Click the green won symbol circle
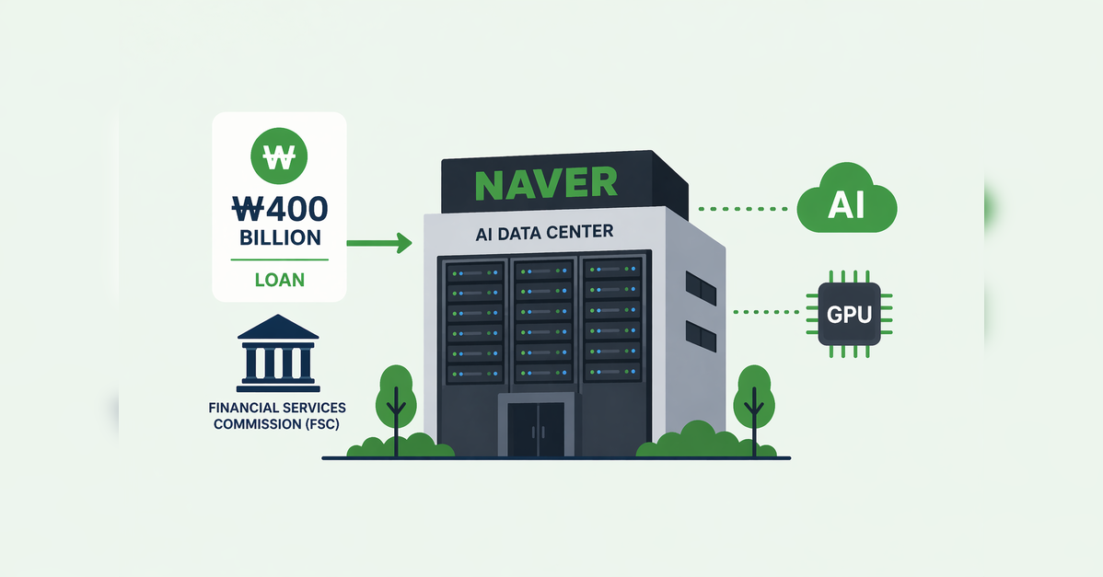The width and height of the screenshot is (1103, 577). (x=279, y=156)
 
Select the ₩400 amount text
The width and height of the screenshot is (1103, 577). (x=279, y=209)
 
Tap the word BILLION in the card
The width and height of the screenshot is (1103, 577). (x=280, y=237)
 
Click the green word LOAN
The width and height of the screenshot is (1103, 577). (x=279, y=280)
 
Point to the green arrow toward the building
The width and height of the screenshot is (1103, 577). (x=379, y=243)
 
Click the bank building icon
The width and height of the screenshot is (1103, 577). (x=279, y=352)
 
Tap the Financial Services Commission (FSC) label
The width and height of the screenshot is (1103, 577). (x=277, y=415)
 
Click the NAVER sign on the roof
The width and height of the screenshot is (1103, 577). (x=546, y=184)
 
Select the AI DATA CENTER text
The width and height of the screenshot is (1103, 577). (x=544, y=233)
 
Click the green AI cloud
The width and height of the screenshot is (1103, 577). (x=847, y=200)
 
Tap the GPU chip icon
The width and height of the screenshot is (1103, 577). (x=849, y=314)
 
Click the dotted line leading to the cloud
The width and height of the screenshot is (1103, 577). (x=743, y=209)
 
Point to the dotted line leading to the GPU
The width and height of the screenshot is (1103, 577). (x=767, y=312)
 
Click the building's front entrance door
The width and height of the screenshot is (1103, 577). (x=536, y=430)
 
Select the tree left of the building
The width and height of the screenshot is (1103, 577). (x=396, y=410)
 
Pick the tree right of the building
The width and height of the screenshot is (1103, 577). (x=754, y=410)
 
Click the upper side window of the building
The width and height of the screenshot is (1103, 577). (x=701, y=288)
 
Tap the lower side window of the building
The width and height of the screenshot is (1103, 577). (x=701, y=336)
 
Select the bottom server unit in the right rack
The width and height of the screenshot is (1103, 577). (x=612, y=370)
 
